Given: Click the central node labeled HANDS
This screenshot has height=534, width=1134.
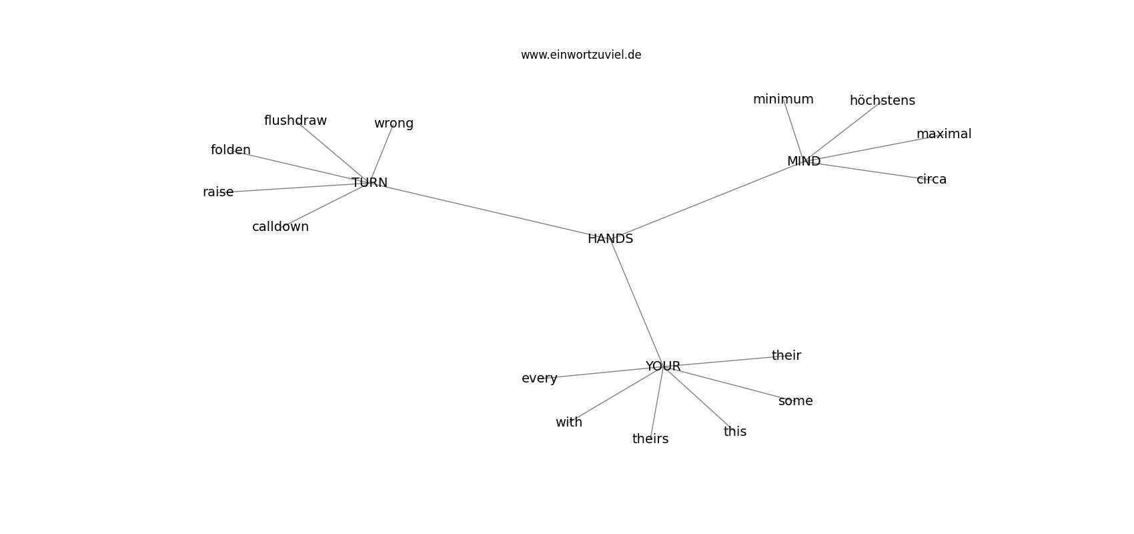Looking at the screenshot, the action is click(610, 238).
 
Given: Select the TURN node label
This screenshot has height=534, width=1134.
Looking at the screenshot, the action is click(370, 182).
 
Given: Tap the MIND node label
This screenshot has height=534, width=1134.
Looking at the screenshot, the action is click(804, 161).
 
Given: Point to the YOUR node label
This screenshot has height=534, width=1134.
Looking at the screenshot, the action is click(662, 366).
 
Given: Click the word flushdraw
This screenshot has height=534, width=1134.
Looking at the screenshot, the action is click(296, 121).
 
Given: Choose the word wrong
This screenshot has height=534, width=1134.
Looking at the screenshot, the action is click(394, 123).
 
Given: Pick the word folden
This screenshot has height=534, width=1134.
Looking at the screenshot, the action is click(230, 150).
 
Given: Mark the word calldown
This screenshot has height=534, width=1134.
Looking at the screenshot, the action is click(280, 226).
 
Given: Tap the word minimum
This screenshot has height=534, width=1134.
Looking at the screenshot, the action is click(783, 99).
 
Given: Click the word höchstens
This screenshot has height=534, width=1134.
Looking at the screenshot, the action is click(883, 100).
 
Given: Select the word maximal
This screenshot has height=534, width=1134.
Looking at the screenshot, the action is click(944, 133).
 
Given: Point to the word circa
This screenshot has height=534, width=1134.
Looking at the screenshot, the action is click(931, 180).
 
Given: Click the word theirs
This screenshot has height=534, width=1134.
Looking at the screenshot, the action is click(650, 439).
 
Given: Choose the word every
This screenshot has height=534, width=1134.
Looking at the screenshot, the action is click(539, 378).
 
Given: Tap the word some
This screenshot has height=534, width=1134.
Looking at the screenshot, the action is click(795, 401).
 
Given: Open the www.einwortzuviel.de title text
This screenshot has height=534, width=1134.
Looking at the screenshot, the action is click(581, 55).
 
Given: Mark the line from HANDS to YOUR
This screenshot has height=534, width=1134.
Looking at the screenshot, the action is click(636, 302).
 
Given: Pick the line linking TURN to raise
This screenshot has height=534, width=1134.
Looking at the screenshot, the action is click(294, 188).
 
